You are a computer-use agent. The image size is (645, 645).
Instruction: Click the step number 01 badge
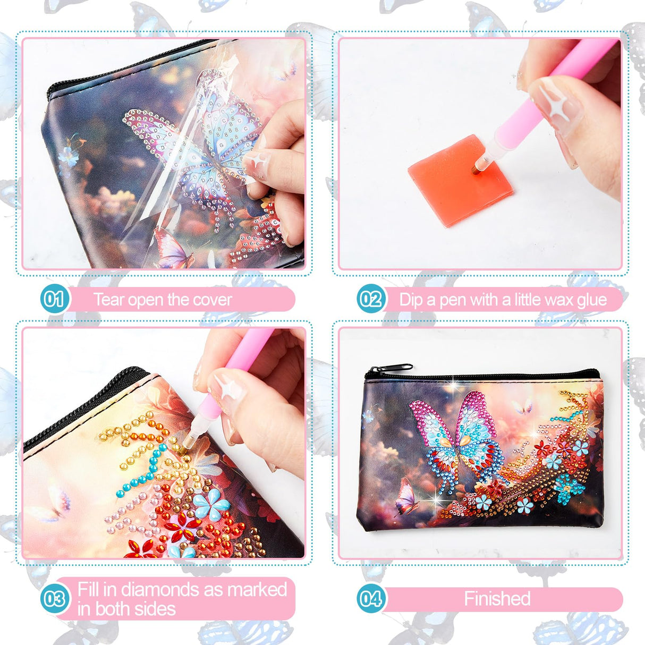point(53,300)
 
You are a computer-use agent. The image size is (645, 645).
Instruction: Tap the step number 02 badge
point(370,300)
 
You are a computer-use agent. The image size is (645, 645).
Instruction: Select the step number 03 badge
point(54,599)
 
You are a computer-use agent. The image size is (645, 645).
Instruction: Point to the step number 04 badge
point(370,599)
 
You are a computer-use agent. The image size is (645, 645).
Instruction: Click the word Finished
point(497,599)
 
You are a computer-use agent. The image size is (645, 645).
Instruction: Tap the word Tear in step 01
point(109,300)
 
